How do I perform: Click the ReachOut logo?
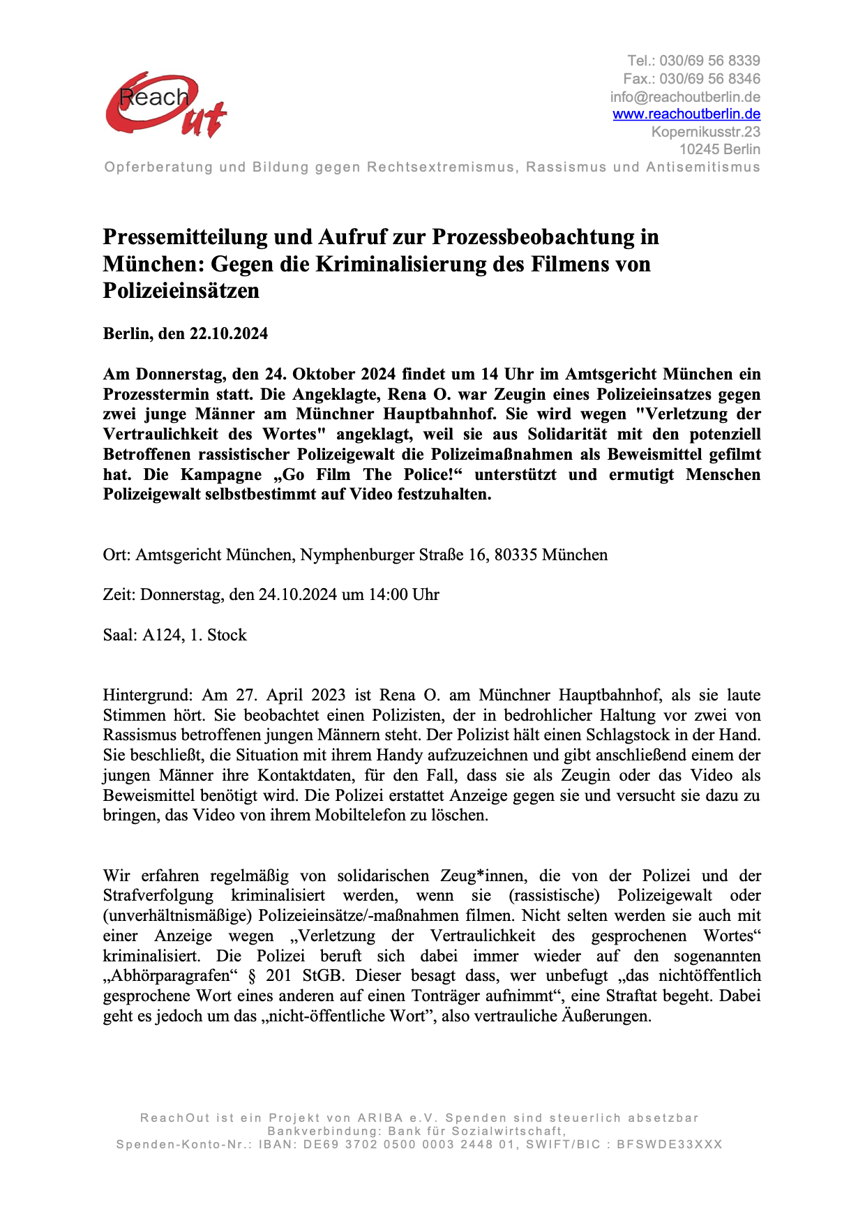[166, 105]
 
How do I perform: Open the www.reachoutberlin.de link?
[686, 114]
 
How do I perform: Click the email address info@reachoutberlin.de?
[685, 96]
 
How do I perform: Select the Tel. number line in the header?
[693, 61]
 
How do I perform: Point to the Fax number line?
[691, 78]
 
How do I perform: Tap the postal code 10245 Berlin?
[719, 149]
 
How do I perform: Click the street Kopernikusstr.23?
[705, 132]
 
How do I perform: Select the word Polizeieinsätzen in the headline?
[181, 290]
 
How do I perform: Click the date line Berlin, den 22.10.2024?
[185, 333]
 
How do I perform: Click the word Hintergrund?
[147, 695]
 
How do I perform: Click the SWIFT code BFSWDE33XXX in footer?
[669, 1144]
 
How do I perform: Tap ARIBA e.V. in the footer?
[398, 1118]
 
